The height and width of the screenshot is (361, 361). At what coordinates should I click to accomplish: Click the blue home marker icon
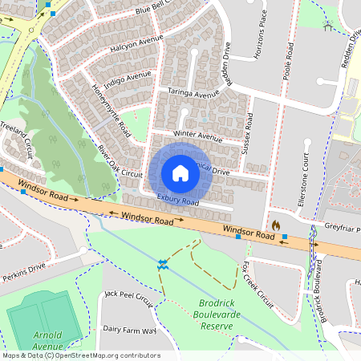pos(180,173)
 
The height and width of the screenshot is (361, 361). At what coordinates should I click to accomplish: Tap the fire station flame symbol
pos(275,225)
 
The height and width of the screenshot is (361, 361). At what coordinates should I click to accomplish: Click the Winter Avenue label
pos(197,136)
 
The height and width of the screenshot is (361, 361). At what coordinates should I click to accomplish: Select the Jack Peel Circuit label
pos(128,298)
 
